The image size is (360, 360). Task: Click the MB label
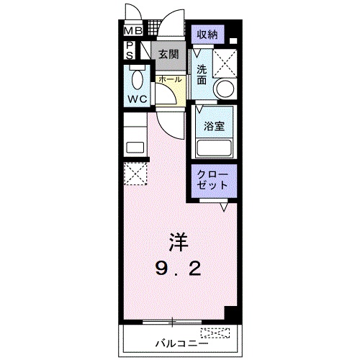[133, 31]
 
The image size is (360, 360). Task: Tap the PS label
[130, 50]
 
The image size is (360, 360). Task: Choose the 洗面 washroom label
[202, 75]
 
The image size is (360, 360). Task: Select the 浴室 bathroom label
[213, 125]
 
